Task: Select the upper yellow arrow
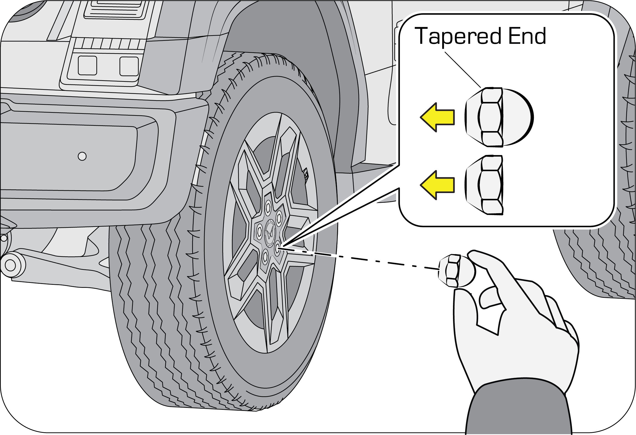click(x=437, y=117)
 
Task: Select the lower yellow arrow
click(x=437, y=185)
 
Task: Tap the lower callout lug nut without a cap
click(x=484, y=185)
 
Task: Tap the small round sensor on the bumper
click(x=82, y=156)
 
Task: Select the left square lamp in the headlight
click(x=87, y=66)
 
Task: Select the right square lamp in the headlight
click(x=129, y=66)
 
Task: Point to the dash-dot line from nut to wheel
click(x=359, y=259)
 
